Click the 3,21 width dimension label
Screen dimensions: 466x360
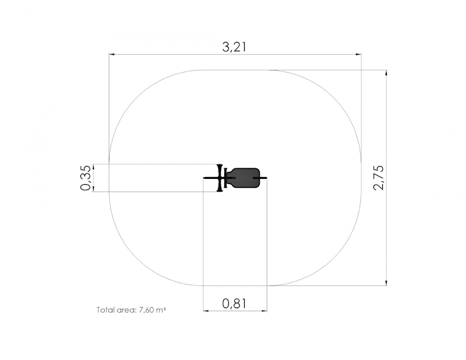click(234, 47)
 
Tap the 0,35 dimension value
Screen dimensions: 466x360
click(86, 178)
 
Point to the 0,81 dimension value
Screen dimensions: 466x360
click(234, 303)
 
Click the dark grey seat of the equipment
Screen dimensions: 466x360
click(245, 178)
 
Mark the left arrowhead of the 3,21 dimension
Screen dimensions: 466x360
click(112, 54)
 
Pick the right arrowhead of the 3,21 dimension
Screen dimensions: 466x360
click(358, 54)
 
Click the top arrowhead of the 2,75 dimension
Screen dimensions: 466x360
click(386, 73)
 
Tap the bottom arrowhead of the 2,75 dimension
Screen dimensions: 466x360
click(386, 283)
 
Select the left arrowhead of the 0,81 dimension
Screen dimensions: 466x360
click(206, 311)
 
